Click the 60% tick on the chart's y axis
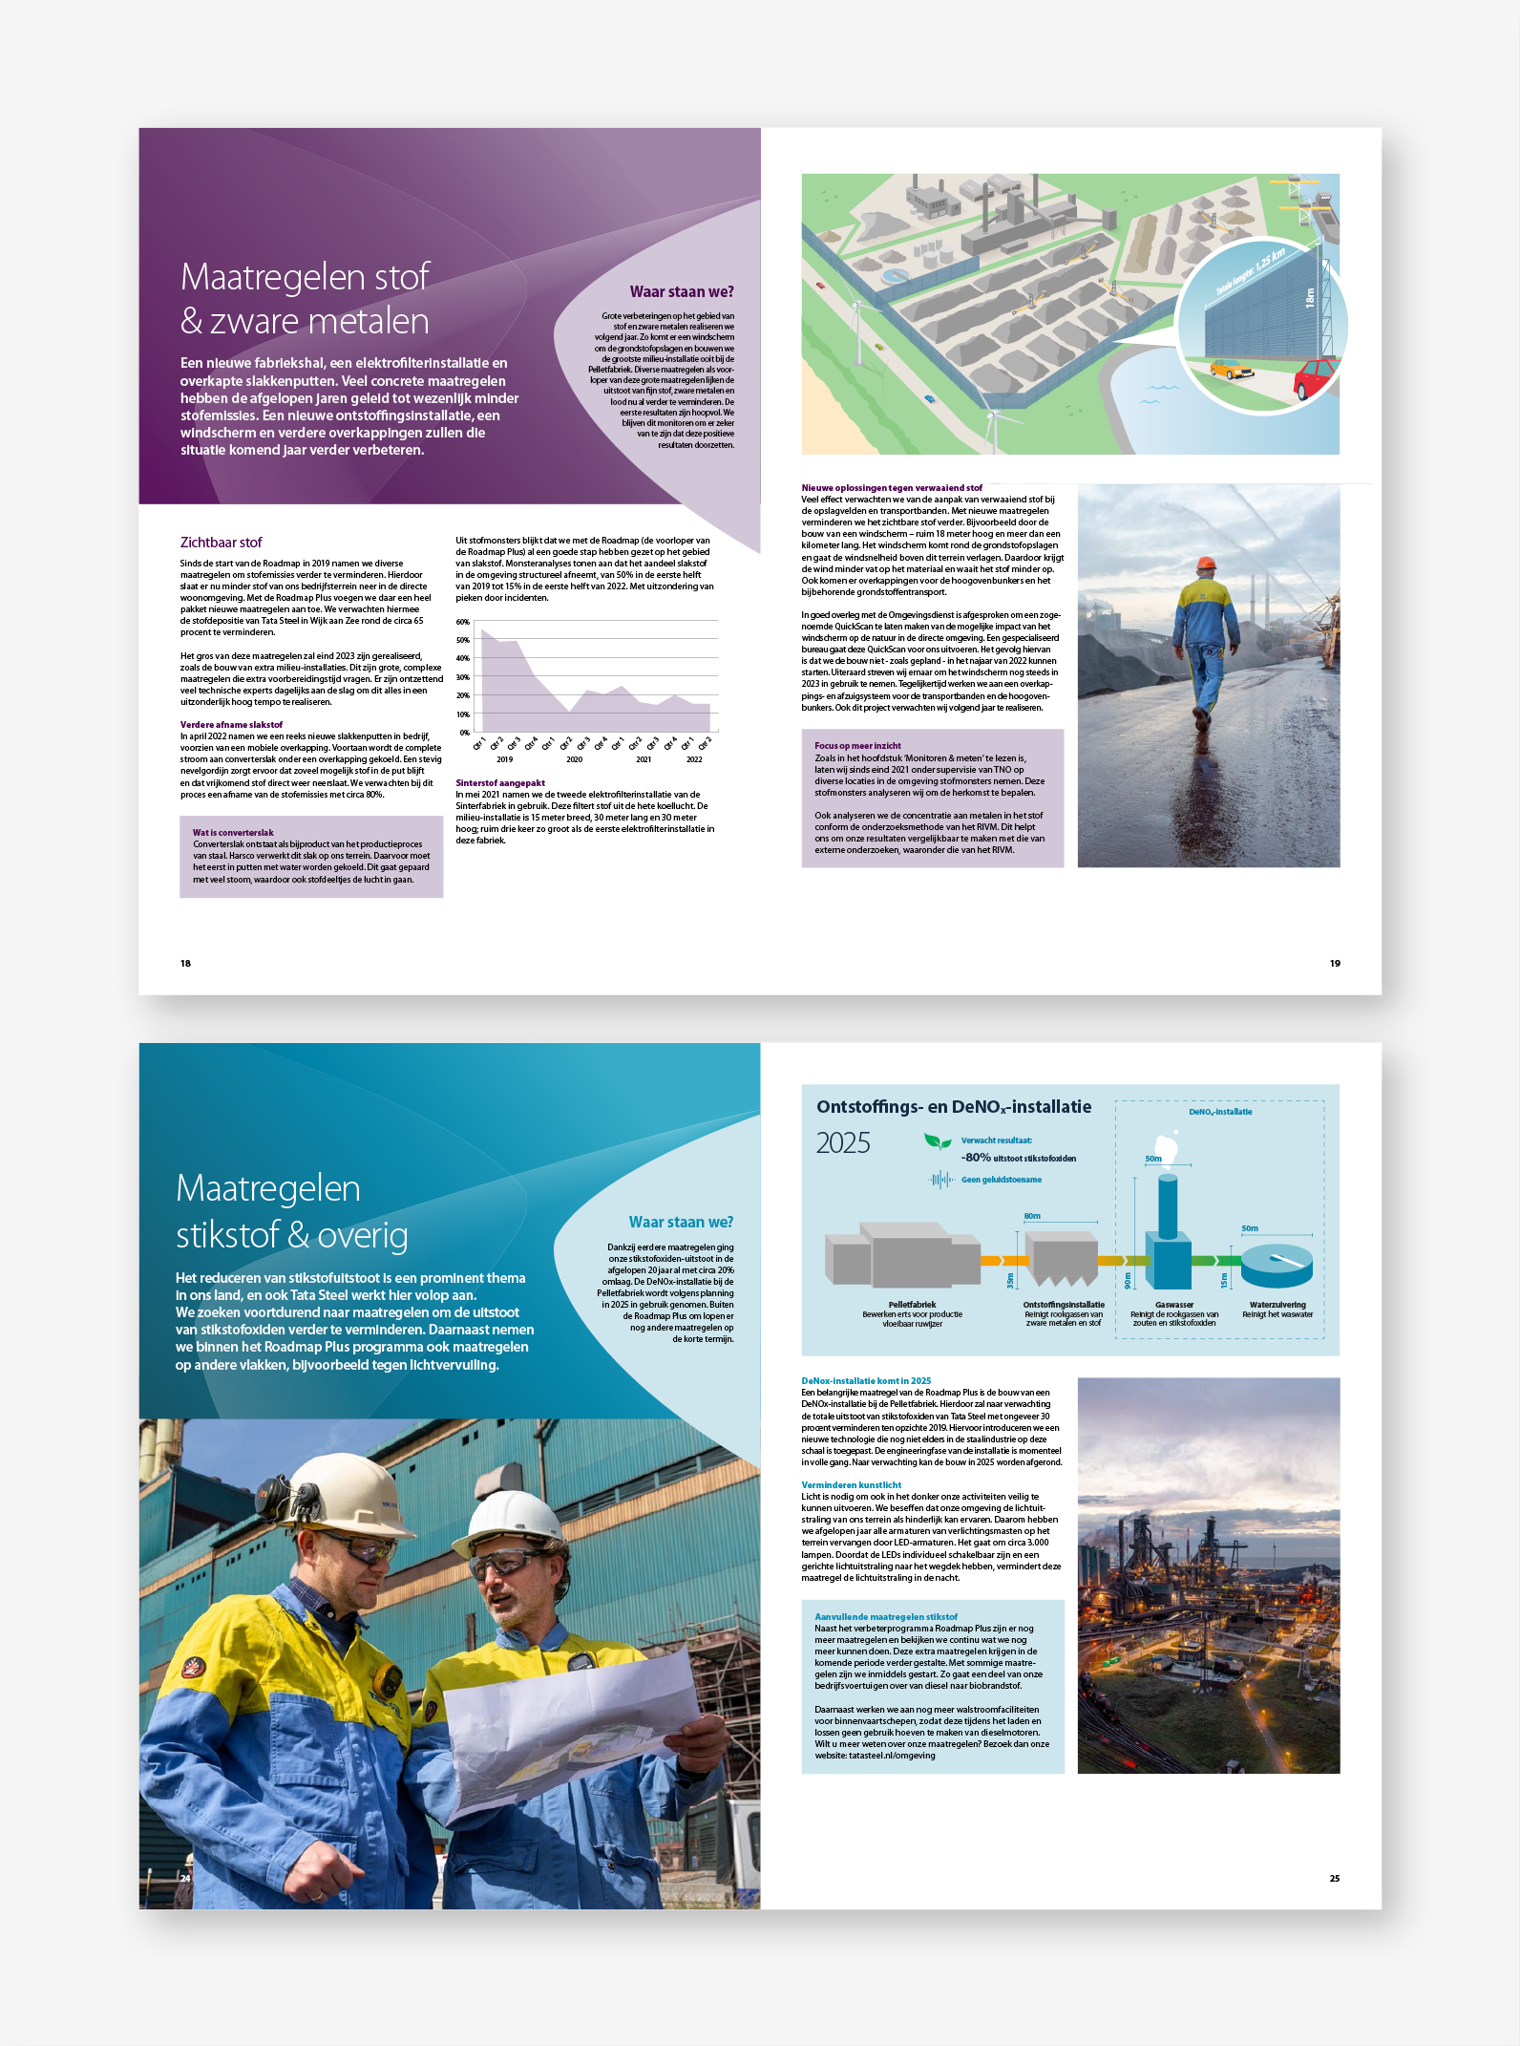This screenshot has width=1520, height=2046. (462, 622)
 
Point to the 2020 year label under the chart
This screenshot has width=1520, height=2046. (574, 759)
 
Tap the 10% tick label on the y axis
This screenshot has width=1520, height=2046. (462, 714)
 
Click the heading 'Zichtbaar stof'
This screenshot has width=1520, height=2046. (221, 543)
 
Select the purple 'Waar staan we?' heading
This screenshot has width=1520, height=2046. (682, 292)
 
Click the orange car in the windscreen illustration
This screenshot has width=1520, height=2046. (1231, 369)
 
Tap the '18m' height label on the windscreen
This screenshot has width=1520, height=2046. (1310, 297)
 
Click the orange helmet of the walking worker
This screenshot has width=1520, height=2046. (1207, 564)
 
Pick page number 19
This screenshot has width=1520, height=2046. (1335, 963)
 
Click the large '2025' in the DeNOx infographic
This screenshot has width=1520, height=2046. (843, 1143)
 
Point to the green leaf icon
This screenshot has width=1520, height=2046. (938, 1141)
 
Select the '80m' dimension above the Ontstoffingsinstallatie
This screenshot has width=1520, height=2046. (1032, 1216)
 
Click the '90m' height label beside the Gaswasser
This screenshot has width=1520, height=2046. (1128, 1280)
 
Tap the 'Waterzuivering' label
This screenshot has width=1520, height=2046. (1277, 1305)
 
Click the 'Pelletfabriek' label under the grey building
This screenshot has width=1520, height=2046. (912, 1305)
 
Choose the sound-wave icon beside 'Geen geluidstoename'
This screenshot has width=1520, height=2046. (941, 1180)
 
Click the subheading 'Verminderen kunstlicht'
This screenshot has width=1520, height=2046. (851, 1485)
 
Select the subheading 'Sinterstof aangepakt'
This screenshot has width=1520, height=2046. (500, 783)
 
